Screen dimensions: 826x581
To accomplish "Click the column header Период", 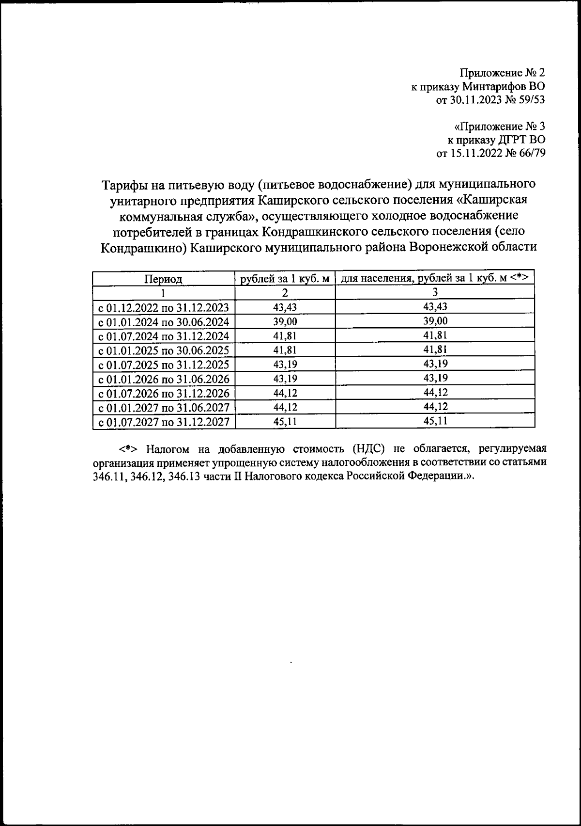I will click(x=163, y=279).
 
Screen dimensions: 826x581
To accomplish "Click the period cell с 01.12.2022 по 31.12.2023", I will click(x=164, y=308).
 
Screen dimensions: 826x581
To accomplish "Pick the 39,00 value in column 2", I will click(x=285, y=322).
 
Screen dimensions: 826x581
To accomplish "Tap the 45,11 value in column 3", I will click(x=435, y=421).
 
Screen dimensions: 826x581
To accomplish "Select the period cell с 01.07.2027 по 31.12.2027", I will click(x=164, y=422).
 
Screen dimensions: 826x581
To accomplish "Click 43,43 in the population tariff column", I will click(x=435, y=307).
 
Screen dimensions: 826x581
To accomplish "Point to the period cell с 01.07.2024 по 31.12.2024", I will click(x=164, y=336).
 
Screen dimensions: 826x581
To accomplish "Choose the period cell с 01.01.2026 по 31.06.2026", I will click(x=164, y=379).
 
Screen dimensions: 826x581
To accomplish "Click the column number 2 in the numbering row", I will click(x=285, y=293).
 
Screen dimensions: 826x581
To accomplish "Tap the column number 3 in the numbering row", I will click(x=435, y=292).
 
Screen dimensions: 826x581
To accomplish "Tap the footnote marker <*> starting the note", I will click(x=128, y=447).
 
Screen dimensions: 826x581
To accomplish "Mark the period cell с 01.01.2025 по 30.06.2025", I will click(x=164, y=350).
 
